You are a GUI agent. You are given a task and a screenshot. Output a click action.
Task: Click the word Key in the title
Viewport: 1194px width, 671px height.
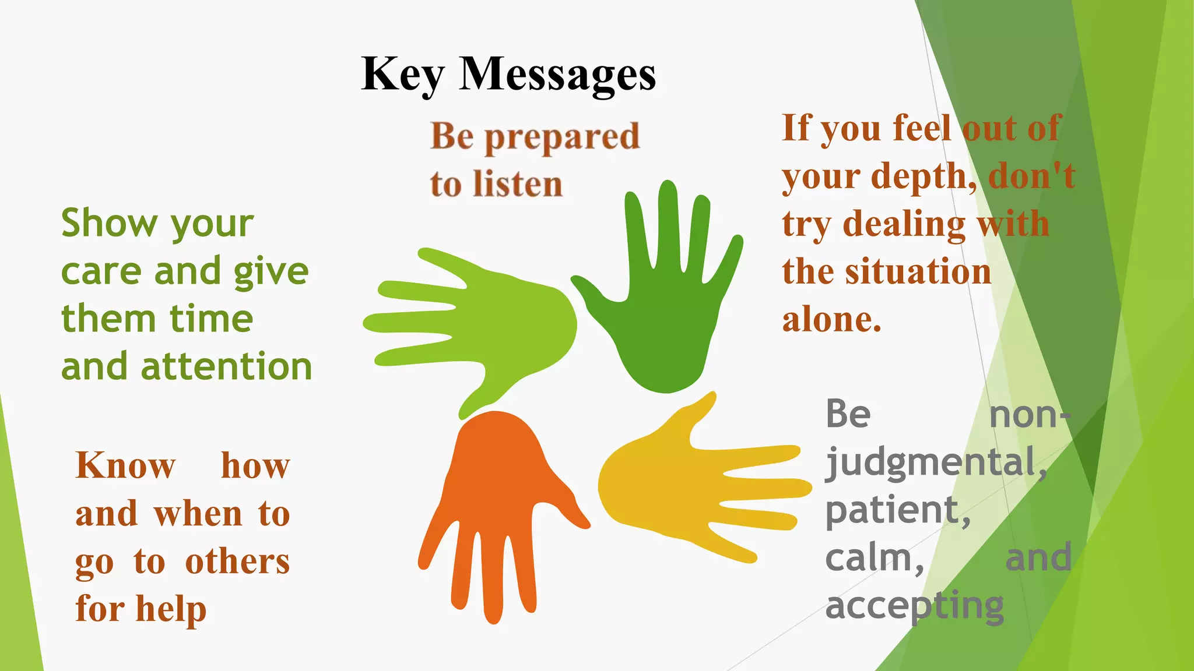(403, 75)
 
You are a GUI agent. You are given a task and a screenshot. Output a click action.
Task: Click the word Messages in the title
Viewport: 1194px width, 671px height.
(557, 75)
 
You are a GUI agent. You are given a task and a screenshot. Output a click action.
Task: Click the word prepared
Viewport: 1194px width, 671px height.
(562, 137)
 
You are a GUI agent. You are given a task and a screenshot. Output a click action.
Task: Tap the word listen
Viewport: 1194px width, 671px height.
(518, 184)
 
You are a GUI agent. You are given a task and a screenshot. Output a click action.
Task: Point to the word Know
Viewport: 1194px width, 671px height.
(125, 466)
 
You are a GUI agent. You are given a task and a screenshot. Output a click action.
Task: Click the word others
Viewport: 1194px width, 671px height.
(237, 561)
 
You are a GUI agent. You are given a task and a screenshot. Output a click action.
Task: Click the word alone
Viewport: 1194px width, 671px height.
(831, 320)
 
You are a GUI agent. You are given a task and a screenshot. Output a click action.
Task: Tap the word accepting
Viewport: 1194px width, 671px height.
(914, 606)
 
